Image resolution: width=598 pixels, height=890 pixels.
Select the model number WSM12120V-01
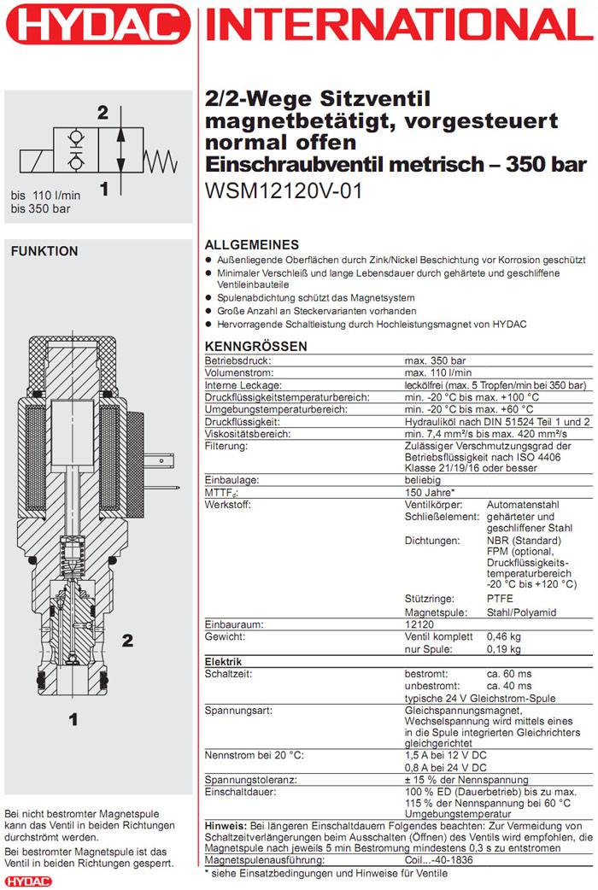pos(284,191)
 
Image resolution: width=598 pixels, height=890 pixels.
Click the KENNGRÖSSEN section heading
pos(255,346)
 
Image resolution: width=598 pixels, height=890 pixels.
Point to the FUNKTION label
pos(44,251)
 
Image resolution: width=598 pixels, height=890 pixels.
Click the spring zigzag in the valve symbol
pos(163,159)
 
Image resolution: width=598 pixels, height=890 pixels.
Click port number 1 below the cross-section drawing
pos(73,719)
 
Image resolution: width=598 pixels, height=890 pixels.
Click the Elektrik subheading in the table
pos(223,661)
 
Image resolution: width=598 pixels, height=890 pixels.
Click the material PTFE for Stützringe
pos(500,600)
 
